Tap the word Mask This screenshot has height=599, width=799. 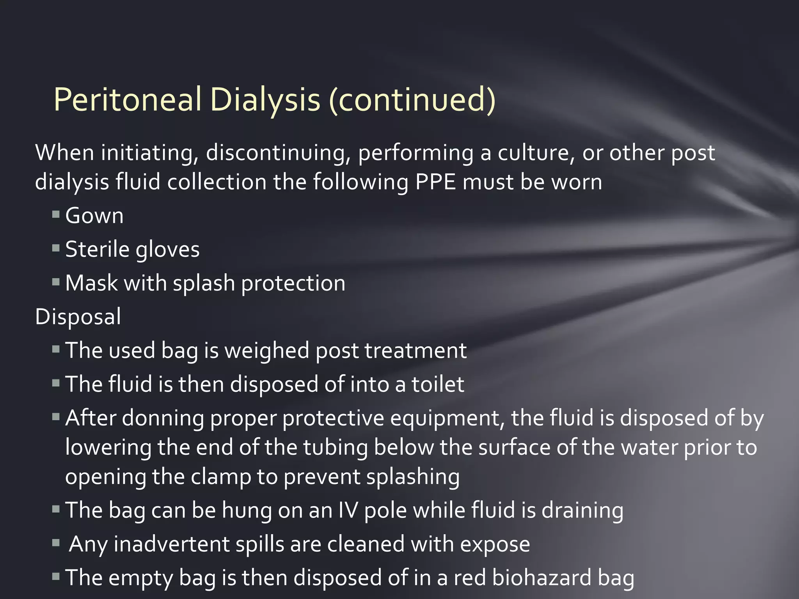point(91,283)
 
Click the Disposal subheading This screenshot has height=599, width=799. point(78,316)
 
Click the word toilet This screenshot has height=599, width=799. point(438,384)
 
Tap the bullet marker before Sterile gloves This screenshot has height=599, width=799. point(56,248)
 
